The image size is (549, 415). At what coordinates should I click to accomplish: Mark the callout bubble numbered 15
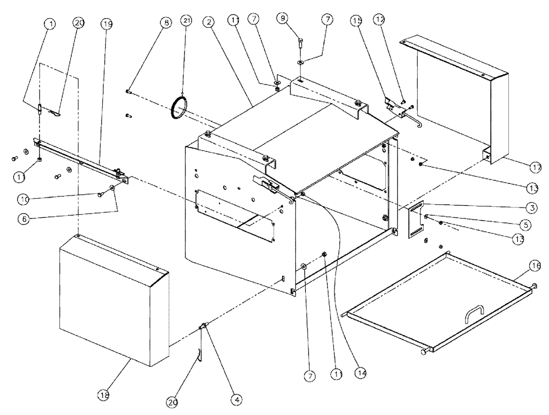357,21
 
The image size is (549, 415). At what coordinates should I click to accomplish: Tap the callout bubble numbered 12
378,19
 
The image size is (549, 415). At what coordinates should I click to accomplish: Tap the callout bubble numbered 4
237,401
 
